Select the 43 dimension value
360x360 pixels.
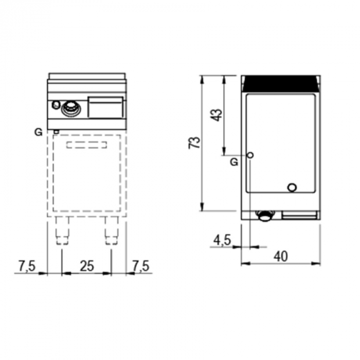[x=218, y=114]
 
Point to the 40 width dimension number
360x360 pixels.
[x=281, y=256]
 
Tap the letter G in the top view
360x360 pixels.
[x=234, y=162]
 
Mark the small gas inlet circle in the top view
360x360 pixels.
[x=250, y=155]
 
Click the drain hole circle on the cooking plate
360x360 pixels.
[x=292, y=187]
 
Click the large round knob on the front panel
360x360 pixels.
[x=70, y=108]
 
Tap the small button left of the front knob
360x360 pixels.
[x=56, y=106]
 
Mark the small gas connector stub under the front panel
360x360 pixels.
[x=56, y=131]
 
